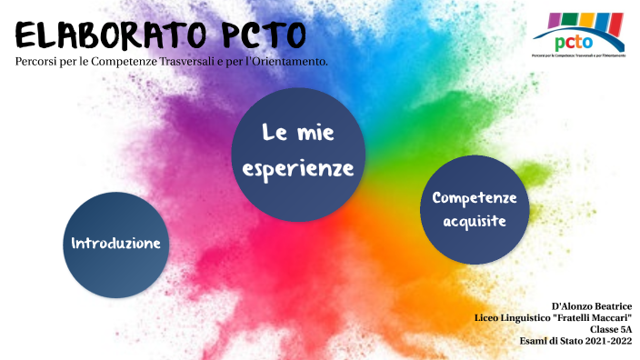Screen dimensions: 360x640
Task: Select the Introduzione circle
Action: coord(116,244)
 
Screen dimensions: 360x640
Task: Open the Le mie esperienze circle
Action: coord(298,153)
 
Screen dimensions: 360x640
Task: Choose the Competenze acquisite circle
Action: coord(474,209)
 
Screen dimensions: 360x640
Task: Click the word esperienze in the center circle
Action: coord(298,169)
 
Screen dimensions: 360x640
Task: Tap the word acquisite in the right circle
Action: coord(474,220)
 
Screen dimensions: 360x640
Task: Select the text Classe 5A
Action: coord(611,329)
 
